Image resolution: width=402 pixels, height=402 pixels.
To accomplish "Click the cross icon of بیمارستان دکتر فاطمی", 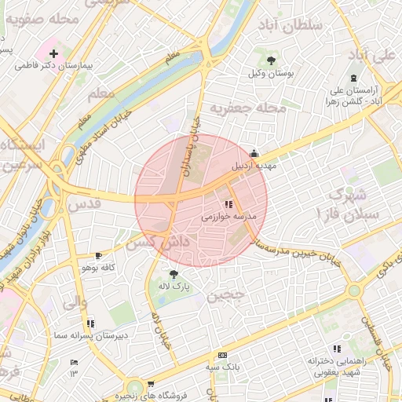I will [x=53, y=54].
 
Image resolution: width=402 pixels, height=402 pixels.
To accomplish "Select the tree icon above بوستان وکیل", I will [x=271, y=60].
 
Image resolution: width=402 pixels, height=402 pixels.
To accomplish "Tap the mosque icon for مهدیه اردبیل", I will [x=253, y=155].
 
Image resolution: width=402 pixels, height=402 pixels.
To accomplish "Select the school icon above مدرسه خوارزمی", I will [x=228, y=204].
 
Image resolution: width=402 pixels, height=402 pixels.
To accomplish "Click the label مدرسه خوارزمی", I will [x=225, y=217].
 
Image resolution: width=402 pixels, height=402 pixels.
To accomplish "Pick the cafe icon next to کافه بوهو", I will [x=98, y=256].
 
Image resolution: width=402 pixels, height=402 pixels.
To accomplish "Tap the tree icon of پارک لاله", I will [x=173, y=273].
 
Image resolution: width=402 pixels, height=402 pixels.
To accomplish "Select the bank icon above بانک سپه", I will [x=222, y=355].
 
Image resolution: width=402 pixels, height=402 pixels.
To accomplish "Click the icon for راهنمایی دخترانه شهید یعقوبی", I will [x=338, y=349].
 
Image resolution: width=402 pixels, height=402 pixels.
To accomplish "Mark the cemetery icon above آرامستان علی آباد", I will [x=353, y=78].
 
